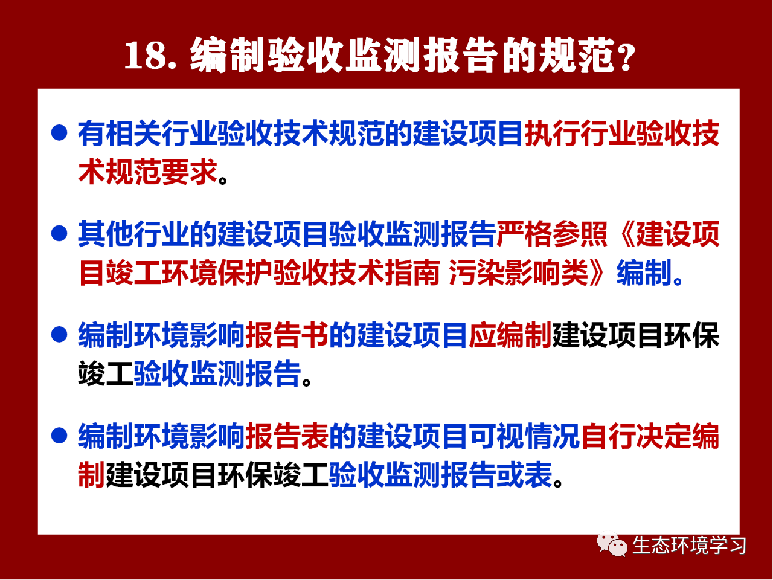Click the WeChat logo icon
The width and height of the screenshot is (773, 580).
[x=612, y=544]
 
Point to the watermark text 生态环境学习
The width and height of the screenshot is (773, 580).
[x=689, y=546]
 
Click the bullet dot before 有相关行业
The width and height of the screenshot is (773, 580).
[x=59, y=133]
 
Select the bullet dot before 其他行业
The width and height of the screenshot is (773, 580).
[x=59, y=233]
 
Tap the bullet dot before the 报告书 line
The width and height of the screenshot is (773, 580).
[x=59, y=334]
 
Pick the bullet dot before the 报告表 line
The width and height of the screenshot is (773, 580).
[x=59, y=435]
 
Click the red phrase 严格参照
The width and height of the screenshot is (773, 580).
[x=552, y=234]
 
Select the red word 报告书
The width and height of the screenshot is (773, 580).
[x=287, y=335]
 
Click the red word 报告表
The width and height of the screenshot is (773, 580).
[x=287, y=436]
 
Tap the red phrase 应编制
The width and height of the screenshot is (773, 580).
[x=510, y=335]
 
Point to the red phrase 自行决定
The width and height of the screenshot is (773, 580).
[x=637, y=436]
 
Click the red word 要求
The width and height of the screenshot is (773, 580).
[x=189, y=172]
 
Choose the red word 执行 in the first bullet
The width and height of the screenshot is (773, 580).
[x=553, y=133]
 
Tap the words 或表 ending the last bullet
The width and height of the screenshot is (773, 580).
[x=524, y=475]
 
